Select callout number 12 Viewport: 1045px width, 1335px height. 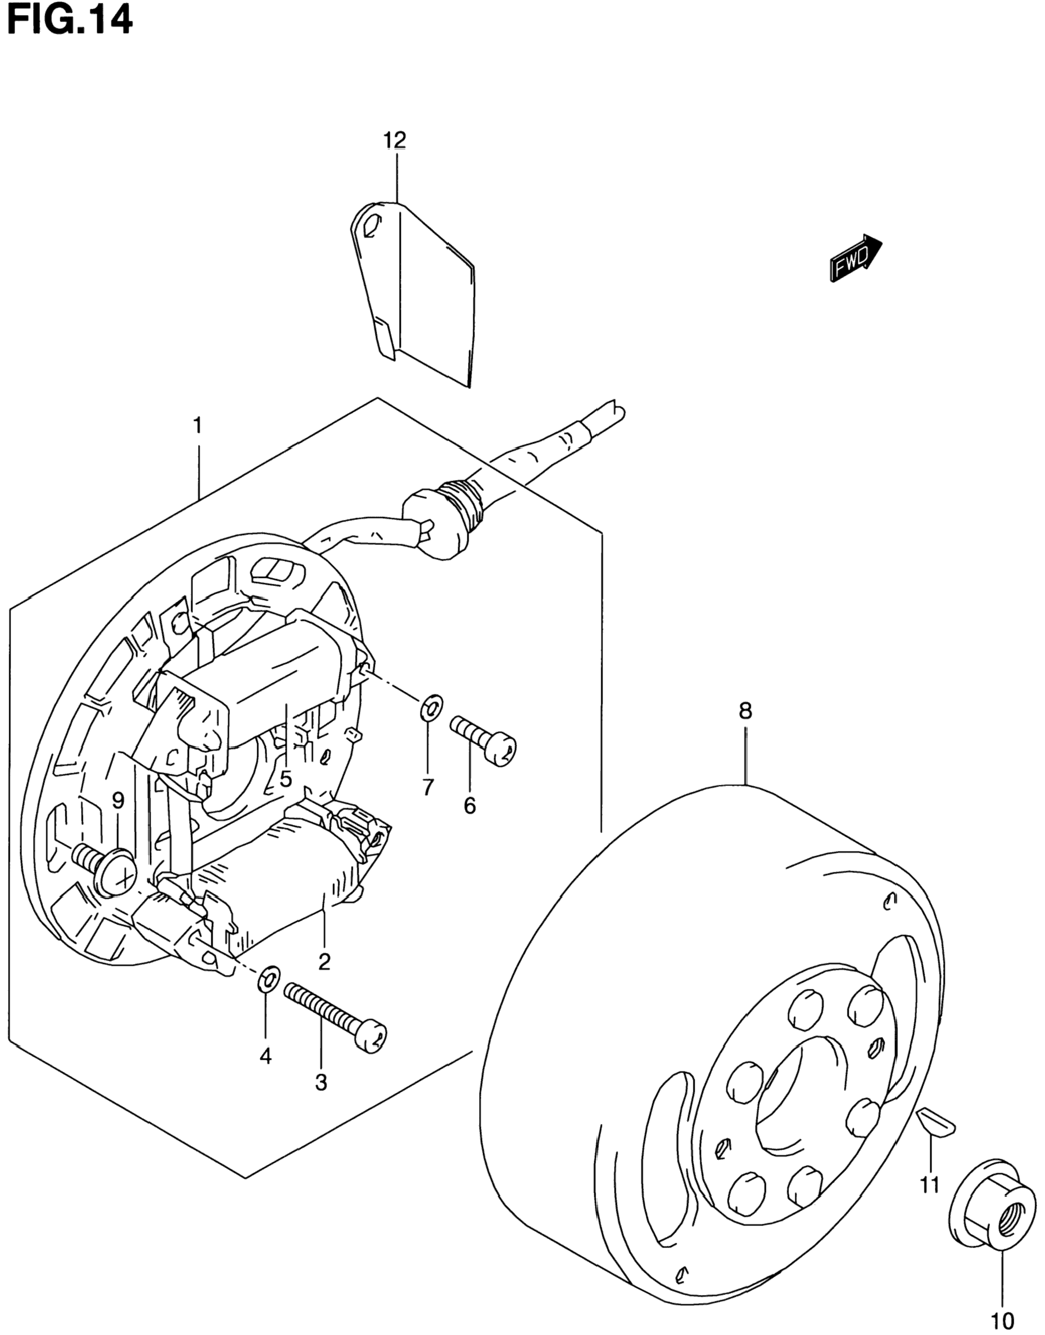394,140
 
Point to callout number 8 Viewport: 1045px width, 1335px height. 745,711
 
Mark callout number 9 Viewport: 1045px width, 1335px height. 118,800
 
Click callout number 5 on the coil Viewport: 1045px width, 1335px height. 286,779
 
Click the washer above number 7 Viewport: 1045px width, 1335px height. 432,708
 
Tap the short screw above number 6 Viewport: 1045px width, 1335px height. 483,740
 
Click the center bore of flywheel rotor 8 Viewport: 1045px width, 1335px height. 795,1096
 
